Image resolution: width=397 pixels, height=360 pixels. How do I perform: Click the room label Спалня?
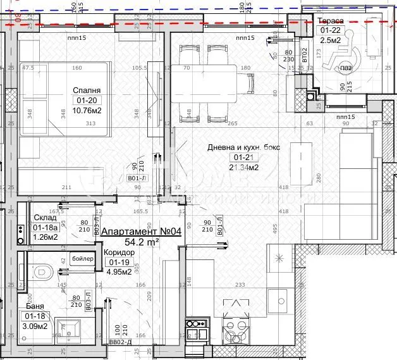point(86,90)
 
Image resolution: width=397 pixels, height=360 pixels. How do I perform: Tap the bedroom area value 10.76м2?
point(88,111)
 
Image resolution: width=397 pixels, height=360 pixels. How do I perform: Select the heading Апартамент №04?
point(141,232)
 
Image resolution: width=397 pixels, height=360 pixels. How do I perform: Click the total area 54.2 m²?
point(141,242)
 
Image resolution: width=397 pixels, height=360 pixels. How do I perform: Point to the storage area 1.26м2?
point(46,237)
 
